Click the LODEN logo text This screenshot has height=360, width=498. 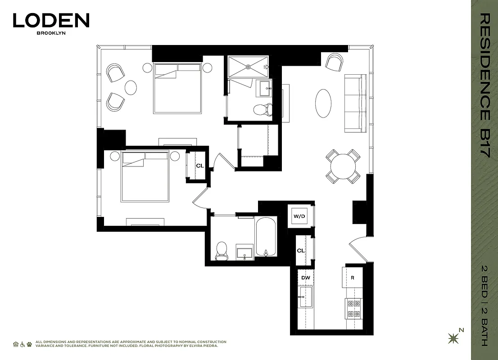[x=51, y=20]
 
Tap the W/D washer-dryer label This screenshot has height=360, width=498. [x=299, y=216]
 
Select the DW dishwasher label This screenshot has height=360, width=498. [x=306, y=278]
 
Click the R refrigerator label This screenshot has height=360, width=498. [x=353, y=278]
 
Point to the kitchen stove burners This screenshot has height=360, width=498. [x=353, y=309]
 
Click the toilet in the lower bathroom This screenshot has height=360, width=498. [x=222, y=250]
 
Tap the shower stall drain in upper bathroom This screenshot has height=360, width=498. [x=248, y=67]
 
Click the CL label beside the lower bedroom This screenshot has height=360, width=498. [x=199, y=166]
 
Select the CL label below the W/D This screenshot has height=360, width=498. [x=300, y=251]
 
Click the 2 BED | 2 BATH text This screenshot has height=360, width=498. [x=484, y=306]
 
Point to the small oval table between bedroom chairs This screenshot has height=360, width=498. [x=131, y=87]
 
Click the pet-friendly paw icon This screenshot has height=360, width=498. [x=29, y=344]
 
